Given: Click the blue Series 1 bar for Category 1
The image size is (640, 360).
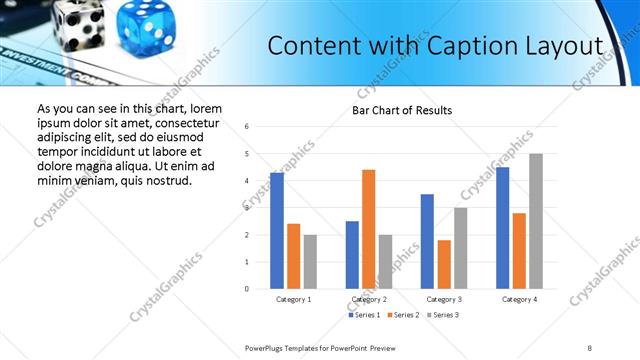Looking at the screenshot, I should [277, 231].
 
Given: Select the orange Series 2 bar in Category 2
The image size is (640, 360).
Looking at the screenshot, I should [368, 229].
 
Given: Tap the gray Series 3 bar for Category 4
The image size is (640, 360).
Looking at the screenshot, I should [536, 221].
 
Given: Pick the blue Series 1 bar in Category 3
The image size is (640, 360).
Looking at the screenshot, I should [427, 241].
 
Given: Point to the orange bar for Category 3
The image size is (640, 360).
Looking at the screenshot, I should [444, 264].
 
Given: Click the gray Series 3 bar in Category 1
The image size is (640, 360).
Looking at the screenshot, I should [310, 262].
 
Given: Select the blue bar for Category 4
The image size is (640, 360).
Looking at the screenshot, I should [502, 228].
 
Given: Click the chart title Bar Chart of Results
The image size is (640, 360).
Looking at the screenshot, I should [401, 110].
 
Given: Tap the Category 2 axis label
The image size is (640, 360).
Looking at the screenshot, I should [369, 299].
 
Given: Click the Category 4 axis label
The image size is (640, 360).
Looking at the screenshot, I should [519, 299].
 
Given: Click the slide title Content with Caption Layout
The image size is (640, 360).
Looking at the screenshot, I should [436, 46].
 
